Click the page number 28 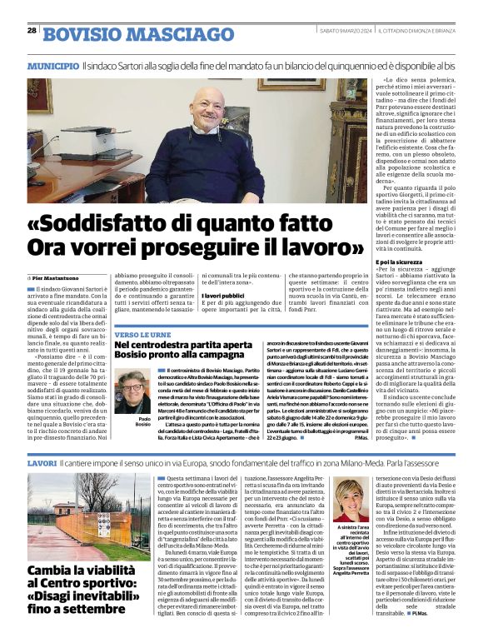click(32, 30)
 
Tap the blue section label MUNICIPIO click(52, 65)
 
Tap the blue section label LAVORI click(42, 461)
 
